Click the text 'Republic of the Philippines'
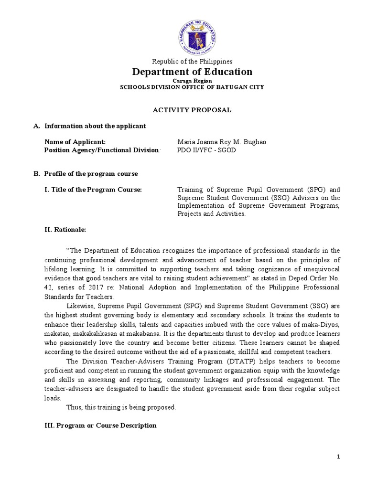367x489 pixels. point(192,61)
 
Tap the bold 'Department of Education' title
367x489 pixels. point(192,72)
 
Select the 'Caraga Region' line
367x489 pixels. point(192,81)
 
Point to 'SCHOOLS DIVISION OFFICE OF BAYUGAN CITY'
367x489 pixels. point(192,87)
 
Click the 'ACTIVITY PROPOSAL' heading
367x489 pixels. point(192,110)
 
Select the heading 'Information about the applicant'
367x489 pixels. point(95,126)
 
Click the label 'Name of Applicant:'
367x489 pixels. point(75,142)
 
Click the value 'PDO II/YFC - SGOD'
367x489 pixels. point(206,150)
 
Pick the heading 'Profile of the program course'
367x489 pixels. point(91,174)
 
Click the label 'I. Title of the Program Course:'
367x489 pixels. point(93,190)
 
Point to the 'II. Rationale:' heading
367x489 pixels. point(65,230)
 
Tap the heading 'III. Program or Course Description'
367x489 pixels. point(100,425)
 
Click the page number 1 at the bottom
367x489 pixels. point(338,457)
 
